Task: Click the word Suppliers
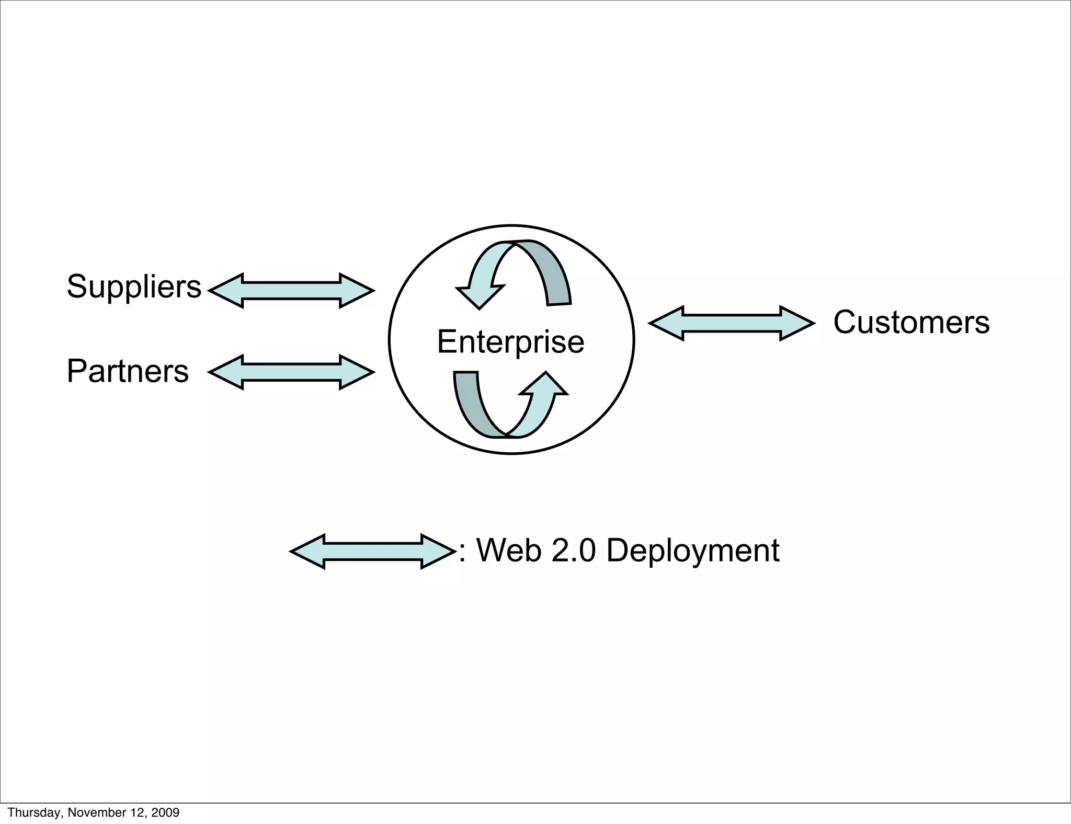(134, 287)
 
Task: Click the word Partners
(128, 371)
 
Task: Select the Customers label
(911, 322)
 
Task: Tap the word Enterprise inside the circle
(510, 342)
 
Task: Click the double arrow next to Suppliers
(291, 291)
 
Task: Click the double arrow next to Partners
(291, 372)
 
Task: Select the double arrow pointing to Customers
(731, 324)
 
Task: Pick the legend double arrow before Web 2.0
(372, 552)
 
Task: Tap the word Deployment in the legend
(692, 551)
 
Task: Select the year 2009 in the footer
(165, 812)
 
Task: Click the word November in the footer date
(93, 812)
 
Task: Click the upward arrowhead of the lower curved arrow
(545, 384)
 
